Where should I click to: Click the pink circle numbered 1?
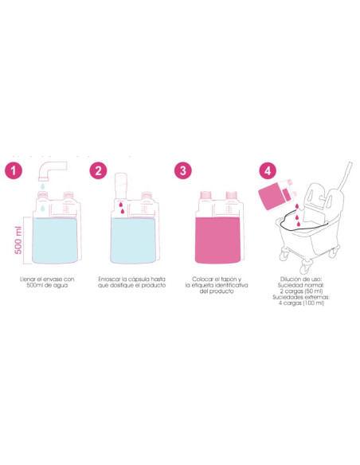[x=14, y=170]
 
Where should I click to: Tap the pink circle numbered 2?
[x=98, y=170]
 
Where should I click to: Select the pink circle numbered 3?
[x=183, y=170]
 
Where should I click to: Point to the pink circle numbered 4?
[x=268, y=171]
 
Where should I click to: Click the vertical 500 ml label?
[x=18, y=240]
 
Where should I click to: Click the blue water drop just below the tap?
[x=43, y=186]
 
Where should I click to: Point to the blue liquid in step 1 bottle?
[x=55, y=240]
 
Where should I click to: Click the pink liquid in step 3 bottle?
[x=218, y=240]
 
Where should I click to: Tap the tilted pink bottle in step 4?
[x=276, y=194]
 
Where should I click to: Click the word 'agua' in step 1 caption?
[x=61, y=286]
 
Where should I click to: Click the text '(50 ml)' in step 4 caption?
[x=314, y=291]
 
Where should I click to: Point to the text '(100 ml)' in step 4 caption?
[x=314, y=303]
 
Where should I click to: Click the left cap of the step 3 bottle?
[x=205, y=195]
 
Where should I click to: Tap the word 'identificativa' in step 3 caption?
[x=231, y=285]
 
